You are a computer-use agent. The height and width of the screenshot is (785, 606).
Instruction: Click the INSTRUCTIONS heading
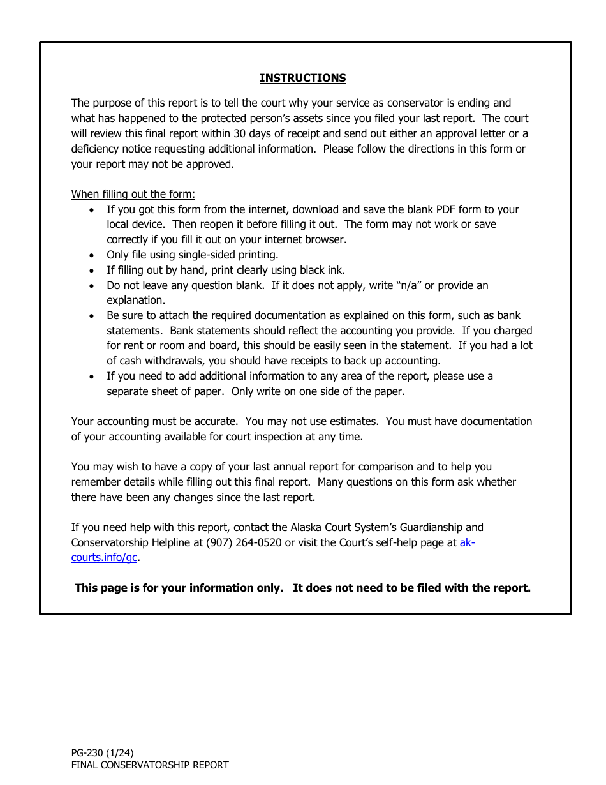[x=302, y=78]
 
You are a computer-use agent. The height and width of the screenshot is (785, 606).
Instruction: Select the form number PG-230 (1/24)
[x=102, y=752]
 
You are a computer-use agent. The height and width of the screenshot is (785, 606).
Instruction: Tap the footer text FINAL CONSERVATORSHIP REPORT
[x=149, y=765]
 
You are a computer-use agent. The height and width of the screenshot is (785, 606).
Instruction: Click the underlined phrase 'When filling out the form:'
[x=133, y=194]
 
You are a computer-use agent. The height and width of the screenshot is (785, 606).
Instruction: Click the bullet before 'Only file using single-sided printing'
[x=93, y=255]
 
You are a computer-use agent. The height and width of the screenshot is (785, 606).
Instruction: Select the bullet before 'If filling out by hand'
[x=93, y=271]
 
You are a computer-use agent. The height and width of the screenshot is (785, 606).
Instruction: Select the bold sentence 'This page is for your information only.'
[x=179, y=588]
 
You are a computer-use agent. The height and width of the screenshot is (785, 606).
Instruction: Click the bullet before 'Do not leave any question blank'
[x=93, y=286]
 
